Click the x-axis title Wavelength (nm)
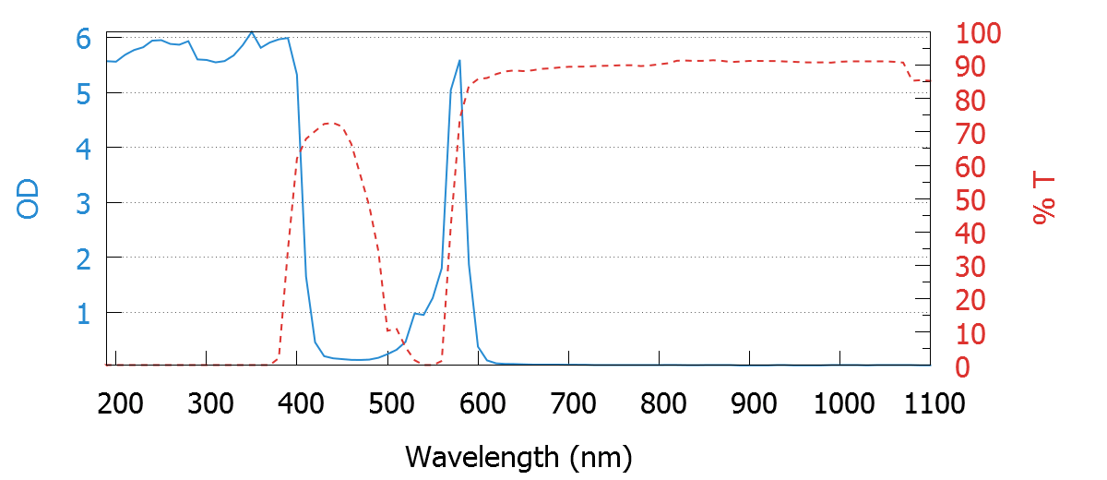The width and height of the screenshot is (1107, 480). click(518, 456)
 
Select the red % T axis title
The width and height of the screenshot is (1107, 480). click(1045, 200)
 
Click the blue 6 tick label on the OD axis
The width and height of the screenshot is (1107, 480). click(84, 40)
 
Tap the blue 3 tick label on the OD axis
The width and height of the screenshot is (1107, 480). click(84, 203)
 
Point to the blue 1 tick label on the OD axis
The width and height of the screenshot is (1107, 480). click(84, 314)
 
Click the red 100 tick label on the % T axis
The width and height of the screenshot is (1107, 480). click(979, 35)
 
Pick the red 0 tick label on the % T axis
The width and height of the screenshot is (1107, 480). click(963, 367)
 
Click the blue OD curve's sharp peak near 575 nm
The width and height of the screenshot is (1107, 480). click(459, 61)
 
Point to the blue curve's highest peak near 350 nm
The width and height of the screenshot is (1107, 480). click(252, 32)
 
